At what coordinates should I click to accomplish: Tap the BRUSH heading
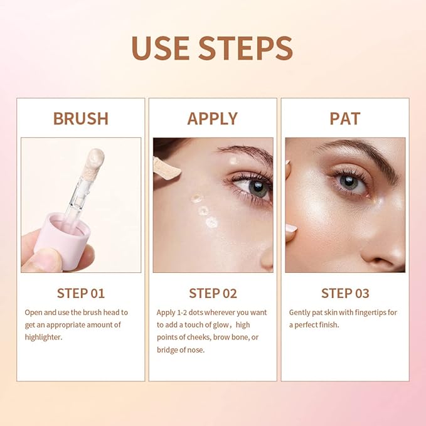pyautogui.click(x=80, y=119)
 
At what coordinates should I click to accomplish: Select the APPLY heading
pyautogui.click(x=213, y=119)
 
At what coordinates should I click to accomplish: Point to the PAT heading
pyautogui.click(x=344, y=119)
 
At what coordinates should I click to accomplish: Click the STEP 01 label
pyautogui.click(x=80, y=293)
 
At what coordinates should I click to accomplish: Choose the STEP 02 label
pyautogui.click(x=213, y=293)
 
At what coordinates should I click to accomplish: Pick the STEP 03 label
pyautogui.click(x=344, y=293)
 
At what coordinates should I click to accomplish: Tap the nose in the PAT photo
pyautogui.click(x=389, y=245)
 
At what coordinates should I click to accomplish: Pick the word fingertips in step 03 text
pyautogui.click(x=360, y=312)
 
